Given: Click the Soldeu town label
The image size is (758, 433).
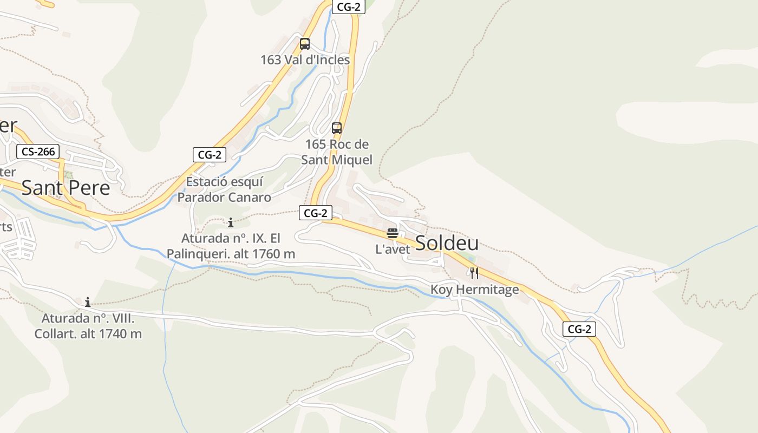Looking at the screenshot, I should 447,243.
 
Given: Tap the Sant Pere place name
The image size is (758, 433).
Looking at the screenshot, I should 66,188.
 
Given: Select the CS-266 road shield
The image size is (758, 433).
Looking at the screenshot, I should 38,152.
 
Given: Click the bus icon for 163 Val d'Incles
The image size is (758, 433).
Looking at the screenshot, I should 305,44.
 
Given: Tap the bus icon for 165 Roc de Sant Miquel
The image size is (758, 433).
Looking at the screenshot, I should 337,128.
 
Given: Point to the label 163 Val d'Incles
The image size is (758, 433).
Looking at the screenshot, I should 305,60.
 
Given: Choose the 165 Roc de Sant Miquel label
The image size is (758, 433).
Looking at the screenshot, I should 337,152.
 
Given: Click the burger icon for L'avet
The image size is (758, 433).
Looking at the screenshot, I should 393,233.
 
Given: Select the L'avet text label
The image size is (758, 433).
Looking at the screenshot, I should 393,250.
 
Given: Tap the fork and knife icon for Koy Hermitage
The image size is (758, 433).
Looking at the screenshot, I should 474,273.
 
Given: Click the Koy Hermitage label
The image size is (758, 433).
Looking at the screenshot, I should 474,290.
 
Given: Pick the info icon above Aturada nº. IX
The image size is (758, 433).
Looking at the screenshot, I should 231,222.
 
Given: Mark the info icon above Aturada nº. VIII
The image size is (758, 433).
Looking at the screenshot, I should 88,302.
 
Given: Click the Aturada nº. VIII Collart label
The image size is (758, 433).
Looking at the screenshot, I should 88,326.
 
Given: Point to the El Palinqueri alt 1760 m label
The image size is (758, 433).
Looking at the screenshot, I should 231,246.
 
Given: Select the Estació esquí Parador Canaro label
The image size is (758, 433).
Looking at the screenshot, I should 224,189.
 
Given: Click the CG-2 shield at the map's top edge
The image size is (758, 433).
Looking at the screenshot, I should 349,6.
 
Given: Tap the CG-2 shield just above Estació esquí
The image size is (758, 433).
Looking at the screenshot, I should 210,155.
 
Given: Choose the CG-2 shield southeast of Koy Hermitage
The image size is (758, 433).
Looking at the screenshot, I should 579,329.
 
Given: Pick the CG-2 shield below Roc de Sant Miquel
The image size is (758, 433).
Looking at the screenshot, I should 316,213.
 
